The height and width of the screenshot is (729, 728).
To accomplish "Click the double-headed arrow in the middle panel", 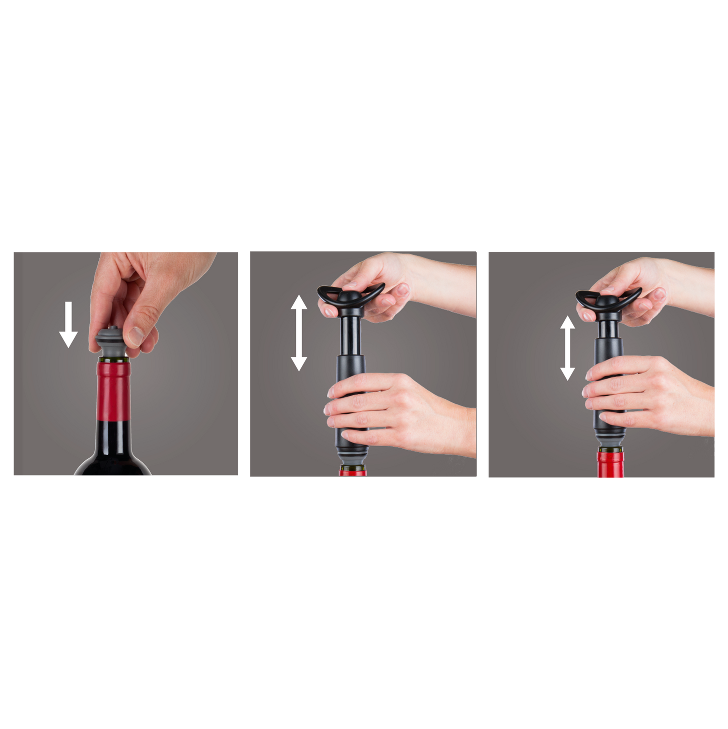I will click(x=299, y=333).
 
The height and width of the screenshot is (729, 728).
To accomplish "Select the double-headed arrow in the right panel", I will click(x=568, y=348).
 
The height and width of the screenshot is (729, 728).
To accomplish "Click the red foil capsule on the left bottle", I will click(x=113, y=391).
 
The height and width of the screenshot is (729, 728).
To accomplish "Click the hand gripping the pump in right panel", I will click(x=650, y=388).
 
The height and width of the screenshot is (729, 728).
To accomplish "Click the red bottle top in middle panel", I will click(x=352, y=472).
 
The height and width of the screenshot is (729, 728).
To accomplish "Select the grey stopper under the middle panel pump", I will click(x=352, y=457).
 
